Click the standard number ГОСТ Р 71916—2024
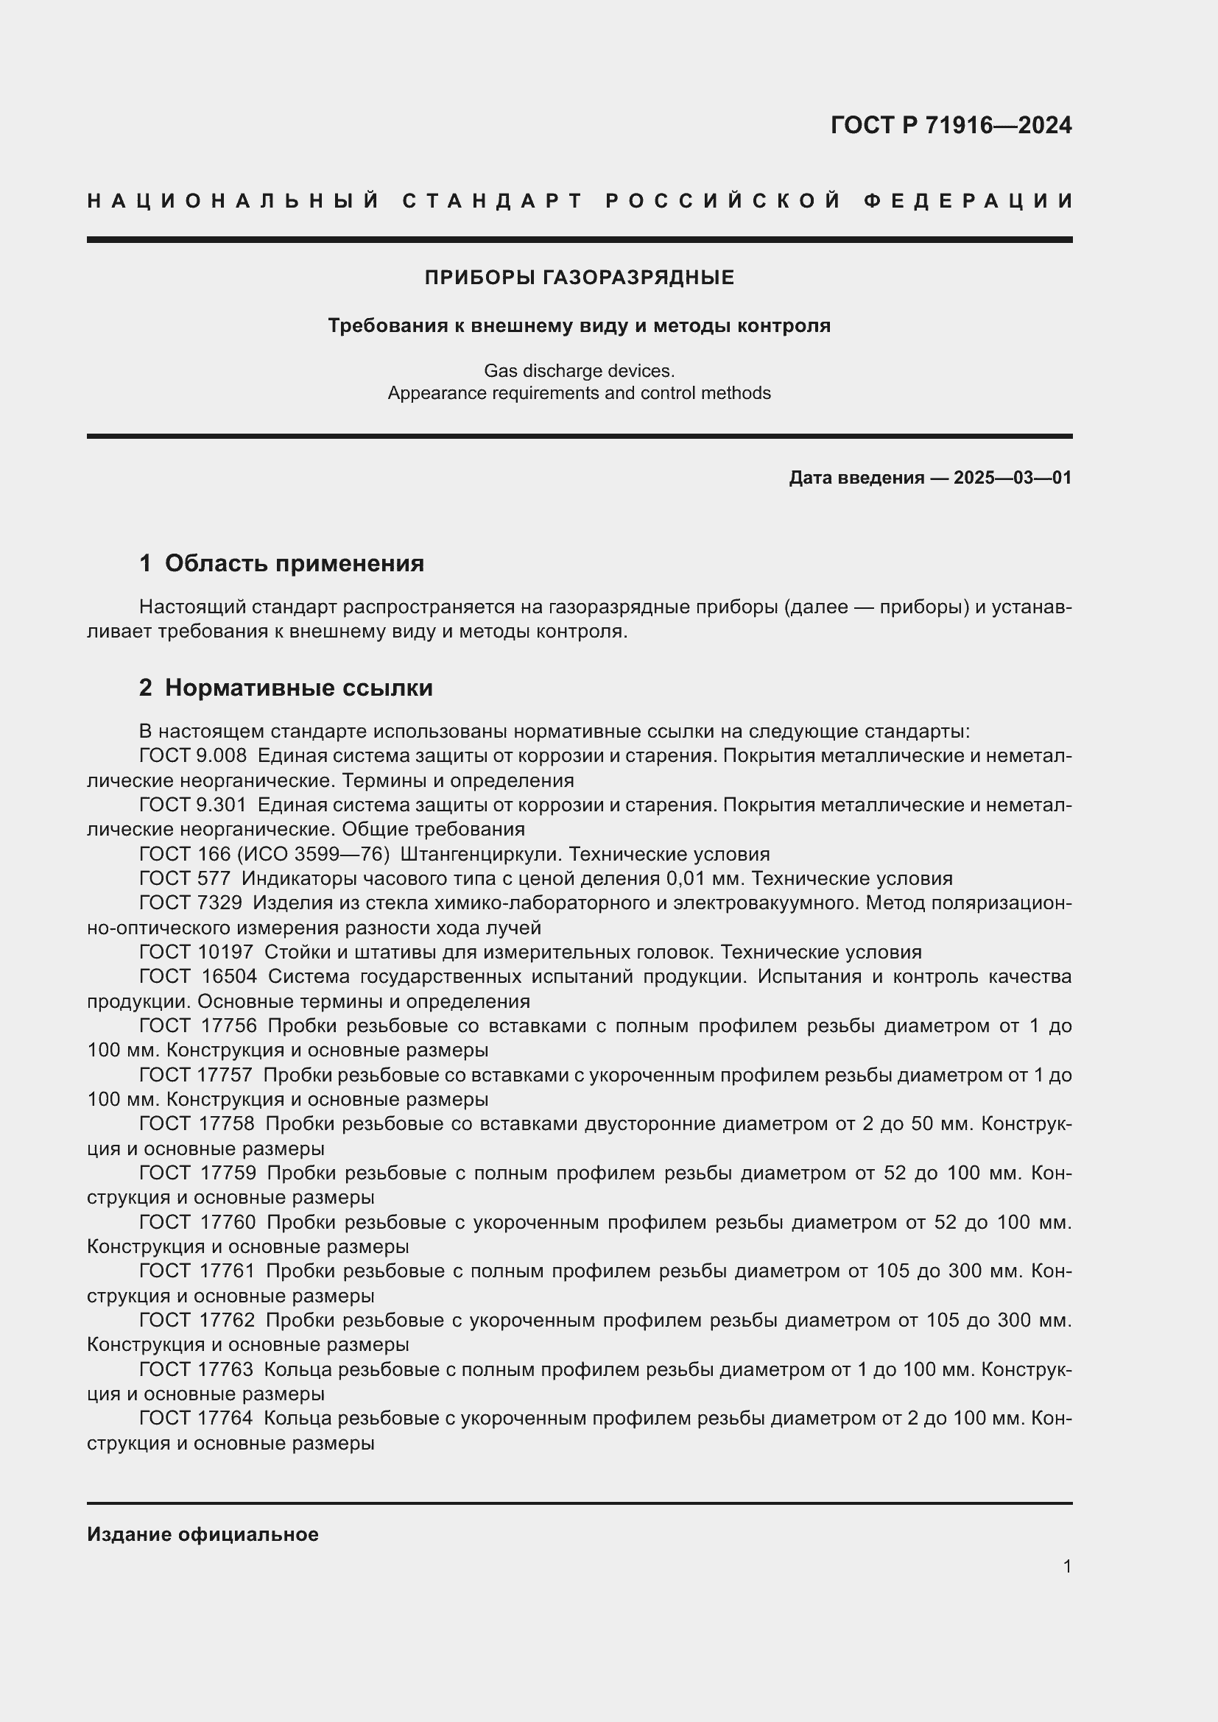point(950,125)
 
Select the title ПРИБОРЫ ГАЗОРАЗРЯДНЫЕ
point(579,278)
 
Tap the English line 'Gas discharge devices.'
point(579,370)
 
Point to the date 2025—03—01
point(1013,478)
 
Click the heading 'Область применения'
point(294,563)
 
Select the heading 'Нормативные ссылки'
point(298,688)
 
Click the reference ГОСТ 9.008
point(193,756)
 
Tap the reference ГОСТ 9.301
point(193,805)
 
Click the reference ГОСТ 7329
point(191,903)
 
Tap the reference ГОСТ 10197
point(197,953)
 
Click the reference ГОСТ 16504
point(198,977)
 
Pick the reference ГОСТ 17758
point(197,1124)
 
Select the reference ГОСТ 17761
point(197,1271)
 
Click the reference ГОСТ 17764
point(197,1418)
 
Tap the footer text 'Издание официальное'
point(203,1534)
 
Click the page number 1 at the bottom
point(1066,1567)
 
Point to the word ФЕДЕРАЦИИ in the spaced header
point(968,201)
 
